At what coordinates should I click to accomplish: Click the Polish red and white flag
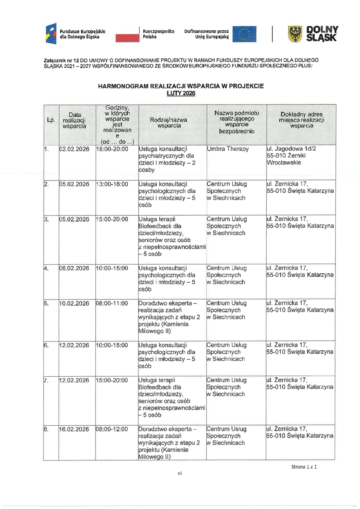[x=127, y=34]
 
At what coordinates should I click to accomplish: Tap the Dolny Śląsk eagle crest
[x=295, y=34]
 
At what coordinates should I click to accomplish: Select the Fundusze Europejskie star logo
[x=51, y=34]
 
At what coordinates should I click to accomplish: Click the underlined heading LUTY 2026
[x=181, y=93]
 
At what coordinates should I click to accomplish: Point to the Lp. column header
[x=51, y=120]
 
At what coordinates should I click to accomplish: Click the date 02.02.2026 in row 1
[x=75, y=149]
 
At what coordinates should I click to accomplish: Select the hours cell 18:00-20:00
[x=112, y=149]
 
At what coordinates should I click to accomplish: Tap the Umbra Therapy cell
[x=228, y=149]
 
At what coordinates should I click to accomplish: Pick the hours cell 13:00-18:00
[x=112, y=184]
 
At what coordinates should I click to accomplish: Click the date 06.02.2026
[x=75, y=268]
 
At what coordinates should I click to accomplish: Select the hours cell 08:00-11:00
[x=112, y=303]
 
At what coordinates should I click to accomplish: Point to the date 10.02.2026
[x=75, y=303]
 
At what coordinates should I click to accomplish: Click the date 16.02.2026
[x=75, y=429]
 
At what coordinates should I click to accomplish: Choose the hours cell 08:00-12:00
[x=112, y=429]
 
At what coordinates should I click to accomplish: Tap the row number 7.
[x=46, y=380]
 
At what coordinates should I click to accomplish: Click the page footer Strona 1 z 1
[x=304, y=467]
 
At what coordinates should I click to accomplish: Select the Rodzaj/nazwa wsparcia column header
[x=168, y=123]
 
